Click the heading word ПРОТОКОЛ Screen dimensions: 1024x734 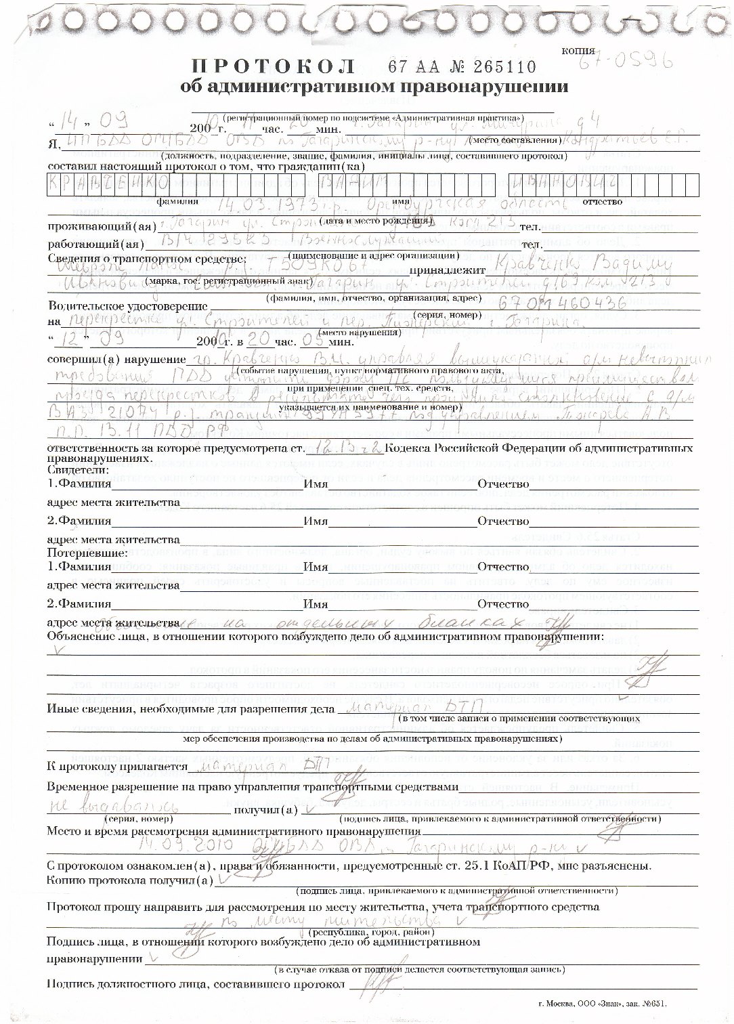274,66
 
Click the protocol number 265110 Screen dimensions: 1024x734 502,66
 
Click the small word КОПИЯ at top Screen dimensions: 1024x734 579,51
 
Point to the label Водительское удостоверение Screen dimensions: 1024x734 127,307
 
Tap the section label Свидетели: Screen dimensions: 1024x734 78,469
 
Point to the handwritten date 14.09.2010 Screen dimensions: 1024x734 186,846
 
